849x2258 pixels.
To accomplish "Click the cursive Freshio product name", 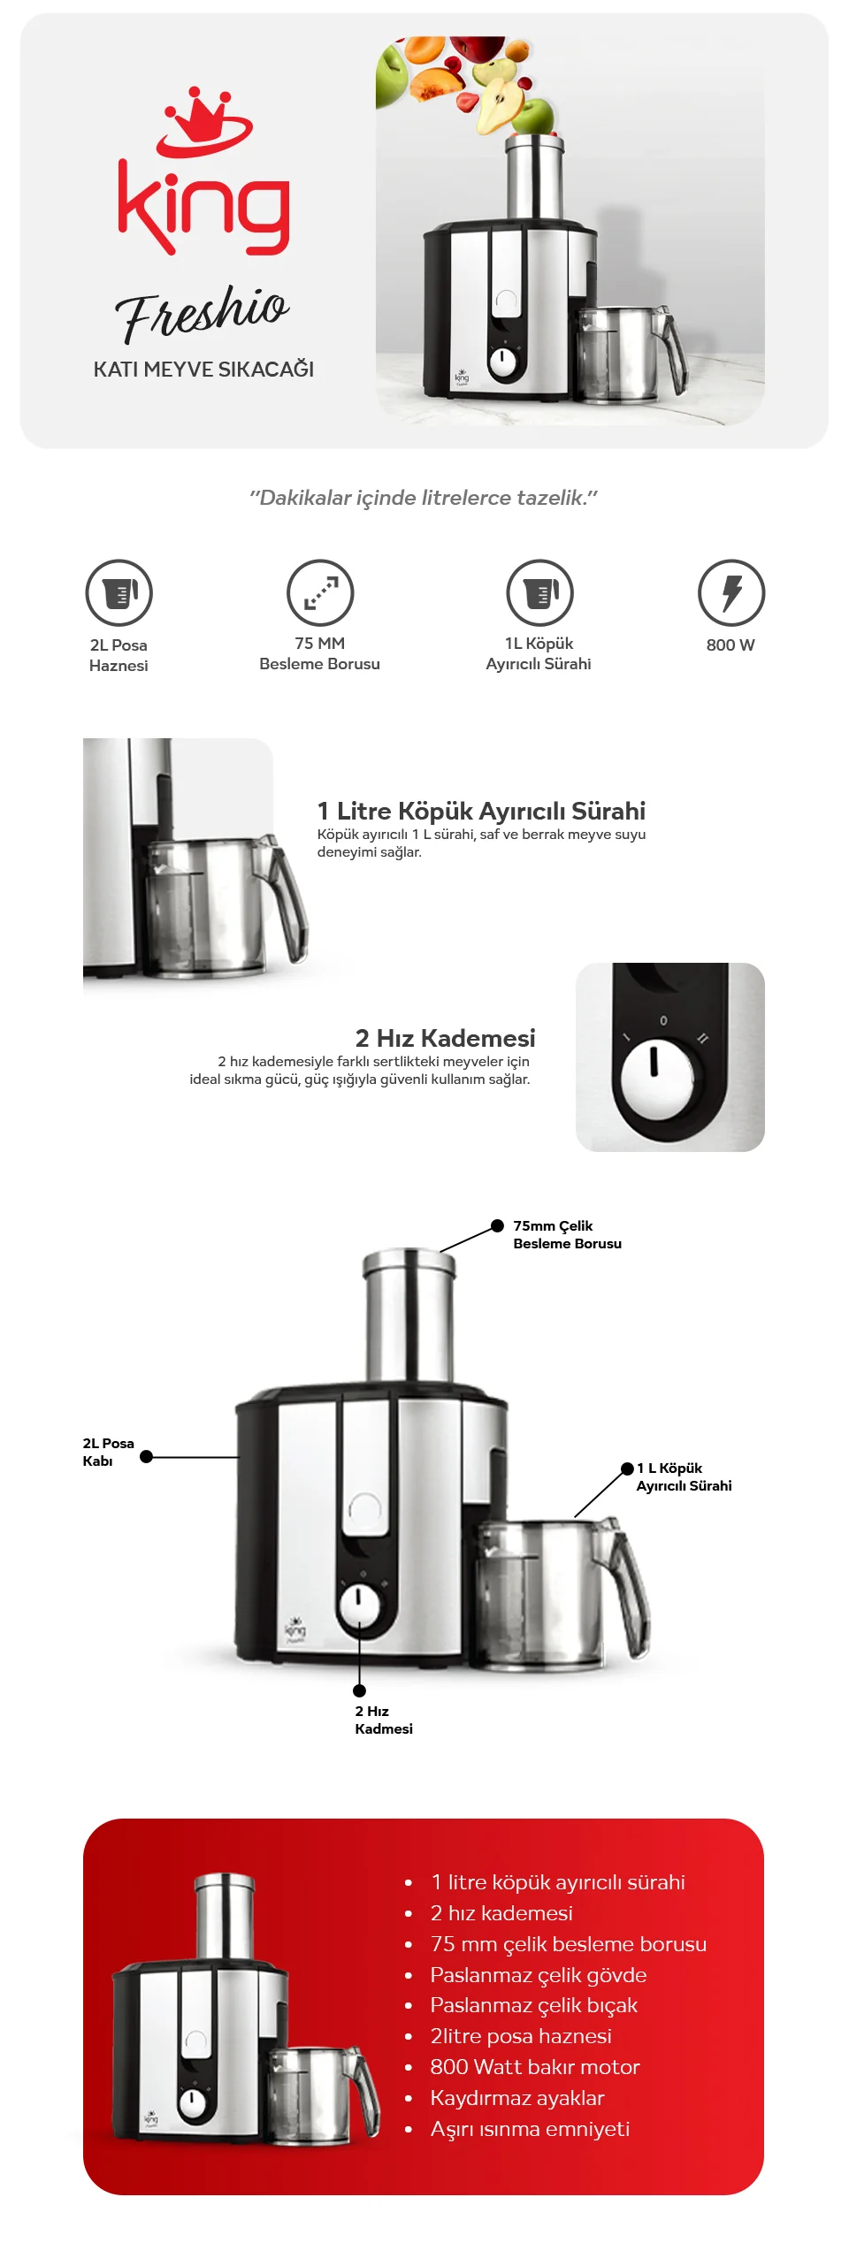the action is coord(202,313).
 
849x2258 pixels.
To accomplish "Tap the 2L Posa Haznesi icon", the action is coord(119,592).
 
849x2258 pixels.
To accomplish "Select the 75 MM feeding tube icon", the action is coord(320,592).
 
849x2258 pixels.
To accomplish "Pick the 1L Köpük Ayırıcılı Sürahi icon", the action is coord(539,592).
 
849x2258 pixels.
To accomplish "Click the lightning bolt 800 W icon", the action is coord(731,592).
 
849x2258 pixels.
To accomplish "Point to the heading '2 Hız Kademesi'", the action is coord(445,1038).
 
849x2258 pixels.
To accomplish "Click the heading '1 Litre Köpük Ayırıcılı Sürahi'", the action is coord(481,811).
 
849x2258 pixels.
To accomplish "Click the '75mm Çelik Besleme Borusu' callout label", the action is coord(567,1234).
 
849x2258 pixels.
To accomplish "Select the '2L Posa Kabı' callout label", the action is coord(108,1452).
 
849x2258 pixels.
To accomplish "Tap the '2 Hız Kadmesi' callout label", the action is coord(384,1720).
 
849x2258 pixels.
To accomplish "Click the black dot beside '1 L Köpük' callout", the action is coord(627,1468).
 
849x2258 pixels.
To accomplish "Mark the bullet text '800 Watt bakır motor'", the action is coord(535,2067).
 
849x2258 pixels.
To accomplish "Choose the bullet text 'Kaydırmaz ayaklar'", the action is coord(517,2098).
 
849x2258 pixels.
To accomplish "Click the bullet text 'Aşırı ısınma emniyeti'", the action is coord(530,2129).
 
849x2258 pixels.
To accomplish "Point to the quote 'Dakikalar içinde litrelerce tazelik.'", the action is coord(424,498).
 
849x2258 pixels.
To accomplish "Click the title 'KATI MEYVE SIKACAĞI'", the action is coord(203,369).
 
